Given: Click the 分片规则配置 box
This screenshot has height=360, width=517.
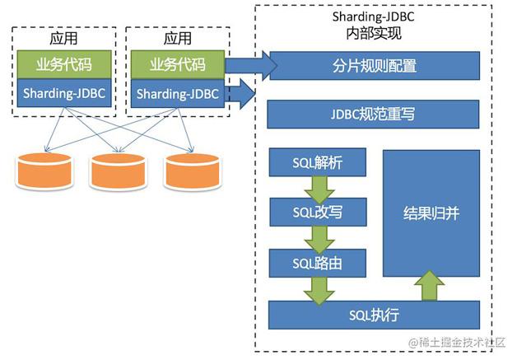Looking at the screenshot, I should coord(373,64).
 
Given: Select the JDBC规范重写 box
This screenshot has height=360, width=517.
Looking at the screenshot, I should coord(373,114).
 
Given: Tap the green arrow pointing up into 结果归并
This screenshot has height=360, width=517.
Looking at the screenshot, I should coord(430,288).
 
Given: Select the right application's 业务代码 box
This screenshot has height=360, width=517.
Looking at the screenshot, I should coord(177,65).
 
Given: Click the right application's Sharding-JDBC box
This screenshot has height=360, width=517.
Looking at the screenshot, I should coord(177,93).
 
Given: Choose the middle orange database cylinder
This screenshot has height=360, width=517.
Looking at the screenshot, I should coord(114,171).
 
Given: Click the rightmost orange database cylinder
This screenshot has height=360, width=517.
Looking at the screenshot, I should coord(188,171).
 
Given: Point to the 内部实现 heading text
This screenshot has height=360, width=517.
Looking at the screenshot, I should coord(373,34).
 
